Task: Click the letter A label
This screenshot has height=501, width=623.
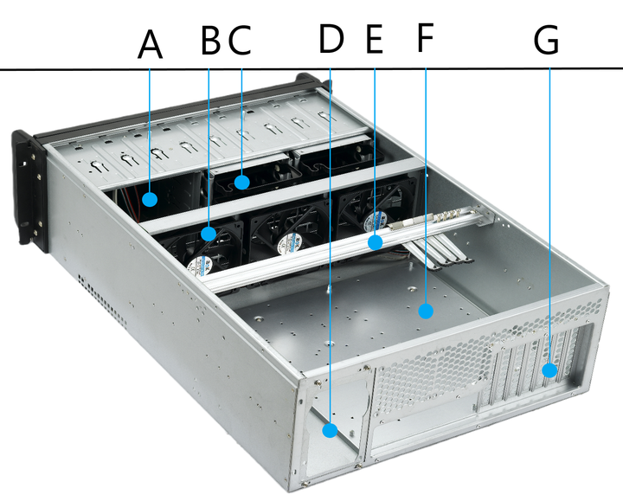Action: (151, 42)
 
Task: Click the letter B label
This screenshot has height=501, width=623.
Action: (209, 42)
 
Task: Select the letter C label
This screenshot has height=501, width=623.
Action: (239, 42)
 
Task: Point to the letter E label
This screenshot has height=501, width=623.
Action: (374, 41)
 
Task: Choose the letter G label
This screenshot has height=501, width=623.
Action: (547, 40)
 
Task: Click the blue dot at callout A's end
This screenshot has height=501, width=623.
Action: (151, 200)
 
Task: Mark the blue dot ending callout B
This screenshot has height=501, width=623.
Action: (209, 234)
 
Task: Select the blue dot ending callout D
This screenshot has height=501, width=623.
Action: (331, 430)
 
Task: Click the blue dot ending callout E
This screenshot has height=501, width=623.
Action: (374, 242)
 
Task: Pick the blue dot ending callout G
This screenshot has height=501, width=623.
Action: (549, 371)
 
